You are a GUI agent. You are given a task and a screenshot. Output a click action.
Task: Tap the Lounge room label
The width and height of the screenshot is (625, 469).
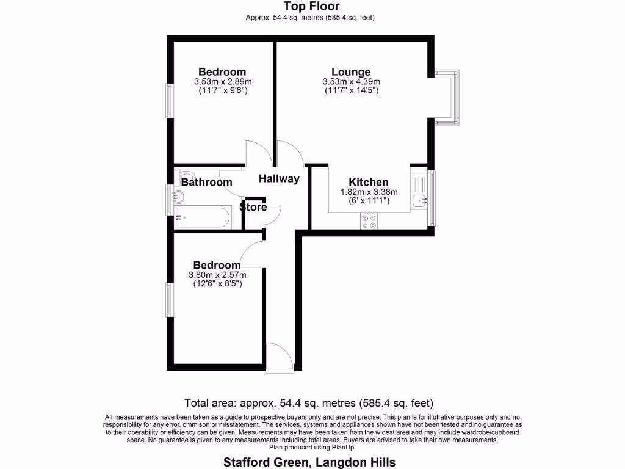click(351, 71)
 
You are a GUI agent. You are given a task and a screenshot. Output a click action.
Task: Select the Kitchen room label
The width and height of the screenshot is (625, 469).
click(368, 182)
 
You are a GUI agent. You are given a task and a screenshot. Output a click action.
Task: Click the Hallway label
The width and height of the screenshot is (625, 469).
click(279, 179)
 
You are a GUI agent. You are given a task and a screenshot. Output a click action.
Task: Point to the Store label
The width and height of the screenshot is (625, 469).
click(253, 207)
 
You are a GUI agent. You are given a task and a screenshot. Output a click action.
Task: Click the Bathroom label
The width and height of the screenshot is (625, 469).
click(206, 182)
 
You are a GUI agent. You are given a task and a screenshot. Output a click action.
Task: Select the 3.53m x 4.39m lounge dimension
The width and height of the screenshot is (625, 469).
click(351, 82)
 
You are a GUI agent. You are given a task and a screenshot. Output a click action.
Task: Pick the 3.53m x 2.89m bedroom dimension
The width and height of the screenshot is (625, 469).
click(222, 82)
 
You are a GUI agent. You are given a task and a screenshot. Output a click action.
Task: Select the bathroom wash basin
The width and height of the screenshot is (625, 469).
click(179, 197)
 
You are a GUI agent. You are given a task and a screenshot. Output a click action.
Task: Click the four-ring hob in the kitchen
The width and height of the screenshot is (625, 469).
click(369, 221)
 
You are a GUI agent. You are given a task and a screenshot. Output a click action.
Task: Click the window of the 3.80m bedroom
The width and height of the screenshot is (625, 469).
click(170, 299)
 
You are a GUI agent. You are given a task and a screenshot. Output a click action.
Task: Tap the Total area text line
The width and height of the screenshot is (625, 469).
click(309, 403)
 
